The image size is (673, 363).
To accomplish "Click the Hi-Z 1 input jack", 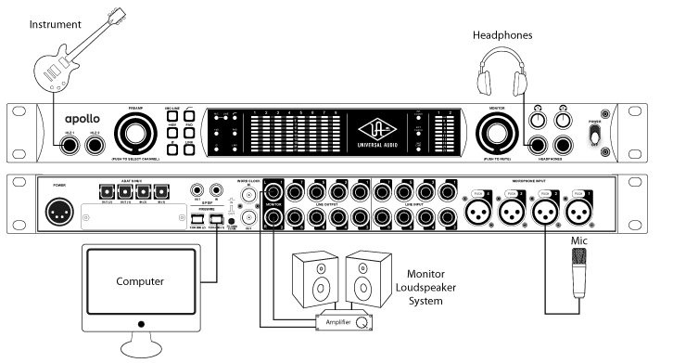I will pyautogui.click(x=68, y=142).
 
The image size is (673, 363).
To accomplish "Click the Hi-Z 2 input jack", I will pyautogui.click(x=95, y=142).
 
